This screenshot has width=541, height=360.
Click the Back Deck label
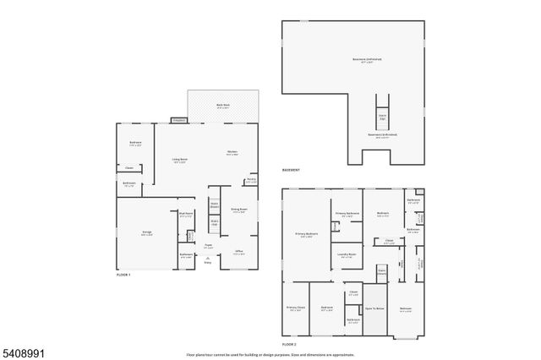pyautogui.click(x=223, y=106)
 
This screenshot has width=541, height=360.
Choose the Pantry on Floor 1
pyautogui.click(x=251, y=179)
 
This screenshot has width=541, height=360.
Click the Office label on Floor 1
pyautogui.click(x=239, y=251)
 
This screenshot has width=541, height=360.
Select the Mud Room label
pyautogui.click(x=186, y=215)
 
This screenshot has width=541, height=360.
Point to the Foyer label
pyautogui.click(x=207, y=245)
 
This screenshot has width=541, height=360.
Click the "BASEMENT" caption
pyautogui.click(x=292, y=172)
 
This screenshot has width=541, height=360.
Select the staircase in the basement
pyautogui.click(x=382, y=114)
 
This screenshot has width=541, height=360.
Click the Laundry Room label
pyautogui.click(x=347, y=254)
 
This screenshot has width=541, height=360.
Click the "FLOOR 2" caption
pyautogui.click(x=290, y=345)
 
